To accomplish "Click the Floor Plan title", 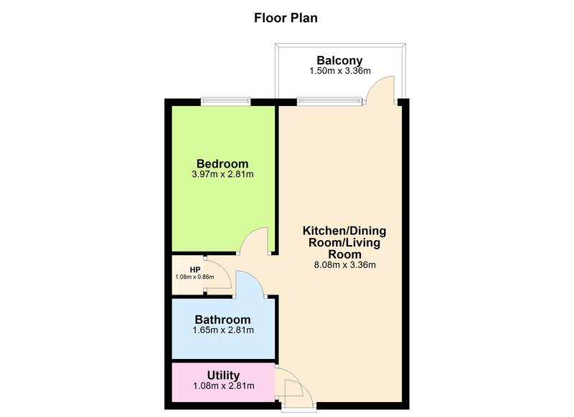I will [x=286, y=18].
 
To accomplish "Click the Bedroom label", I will [x=222, y=163].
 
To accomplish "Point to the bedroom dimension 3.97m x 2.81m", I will [x=222, y=174].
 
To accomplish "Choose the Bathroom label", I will [x=222, y=320].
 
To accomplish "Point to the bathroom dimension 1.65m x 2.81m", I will [x=222, y=330].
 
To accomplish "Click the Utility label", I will [x=223, y=375].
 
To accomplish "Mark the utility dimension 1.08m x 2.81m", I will [x=223, y=386].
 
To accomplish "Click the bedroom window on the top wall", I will [x=222, y=101].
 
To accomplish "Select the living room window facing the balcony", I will [x=326, y=101].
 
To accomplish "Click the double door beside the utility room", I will [x=295, y=390].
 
